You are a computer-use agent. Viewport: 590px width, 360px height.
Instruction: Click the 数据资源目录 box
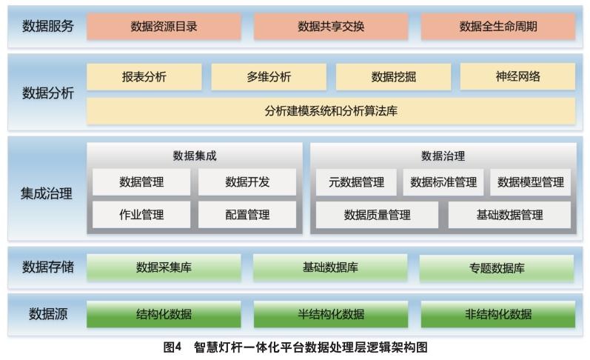[x=164, y=27]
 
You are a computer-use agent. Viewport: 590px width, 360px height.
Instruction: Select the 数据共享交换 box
[x=331, y=27]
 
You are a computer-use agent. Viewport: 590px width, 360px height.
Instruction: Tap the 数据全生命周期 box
[x=498, y=27]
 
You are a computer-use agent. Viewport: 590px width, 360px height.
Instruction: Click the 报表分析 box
[x=144, y=77]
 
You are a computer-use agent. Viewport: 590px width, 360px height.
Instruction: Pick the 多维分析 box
[x=269, y=77]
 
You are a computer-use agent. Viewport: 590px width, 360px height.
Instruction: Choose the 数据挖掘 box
[x=393, y=77]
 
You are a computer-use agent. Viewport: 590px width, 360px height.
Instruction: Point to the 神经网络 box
[x=517, y=77]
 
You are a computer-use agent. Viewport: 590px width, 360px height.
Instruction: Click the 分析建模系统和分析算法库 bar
[x=331, y=112]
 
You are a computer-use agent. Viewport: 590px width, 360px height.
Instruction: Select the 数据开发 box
[x=247, y=182]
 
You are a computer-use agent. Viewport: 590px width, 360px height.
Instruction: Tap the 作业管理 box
[x=141, y=215]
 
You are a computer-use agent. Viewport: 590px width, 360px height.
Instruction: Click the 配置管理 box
[x=247, y=215]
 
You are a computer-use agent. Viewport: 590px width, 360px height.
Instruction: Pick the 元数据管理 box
[x=356, y=182]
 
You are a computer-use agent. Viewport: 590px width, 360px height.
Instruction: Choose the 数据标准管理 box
[x=443, y=182]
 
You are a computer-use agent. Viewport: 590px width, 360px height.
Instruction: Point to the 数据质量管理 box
[x=377, y=215]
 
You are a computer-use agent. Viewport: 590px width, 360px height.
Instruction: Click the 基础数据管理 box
[x=509, y=215]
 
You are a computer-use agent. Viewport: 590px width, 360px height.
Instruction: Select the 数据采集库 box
[x=164, y=267]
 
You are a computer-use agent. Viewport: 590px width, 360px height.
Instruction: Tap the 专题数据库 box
[x=497, y=268]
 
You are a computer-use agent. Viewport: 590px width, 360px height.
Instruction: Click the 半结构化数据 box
[x=331, y=314]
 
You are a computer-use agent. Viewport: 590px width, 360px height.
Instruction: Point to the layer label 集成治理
[x=46, y=194]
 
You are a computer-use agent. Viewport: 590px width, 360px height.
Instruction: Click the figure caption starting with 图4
[x=295, y=347]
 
